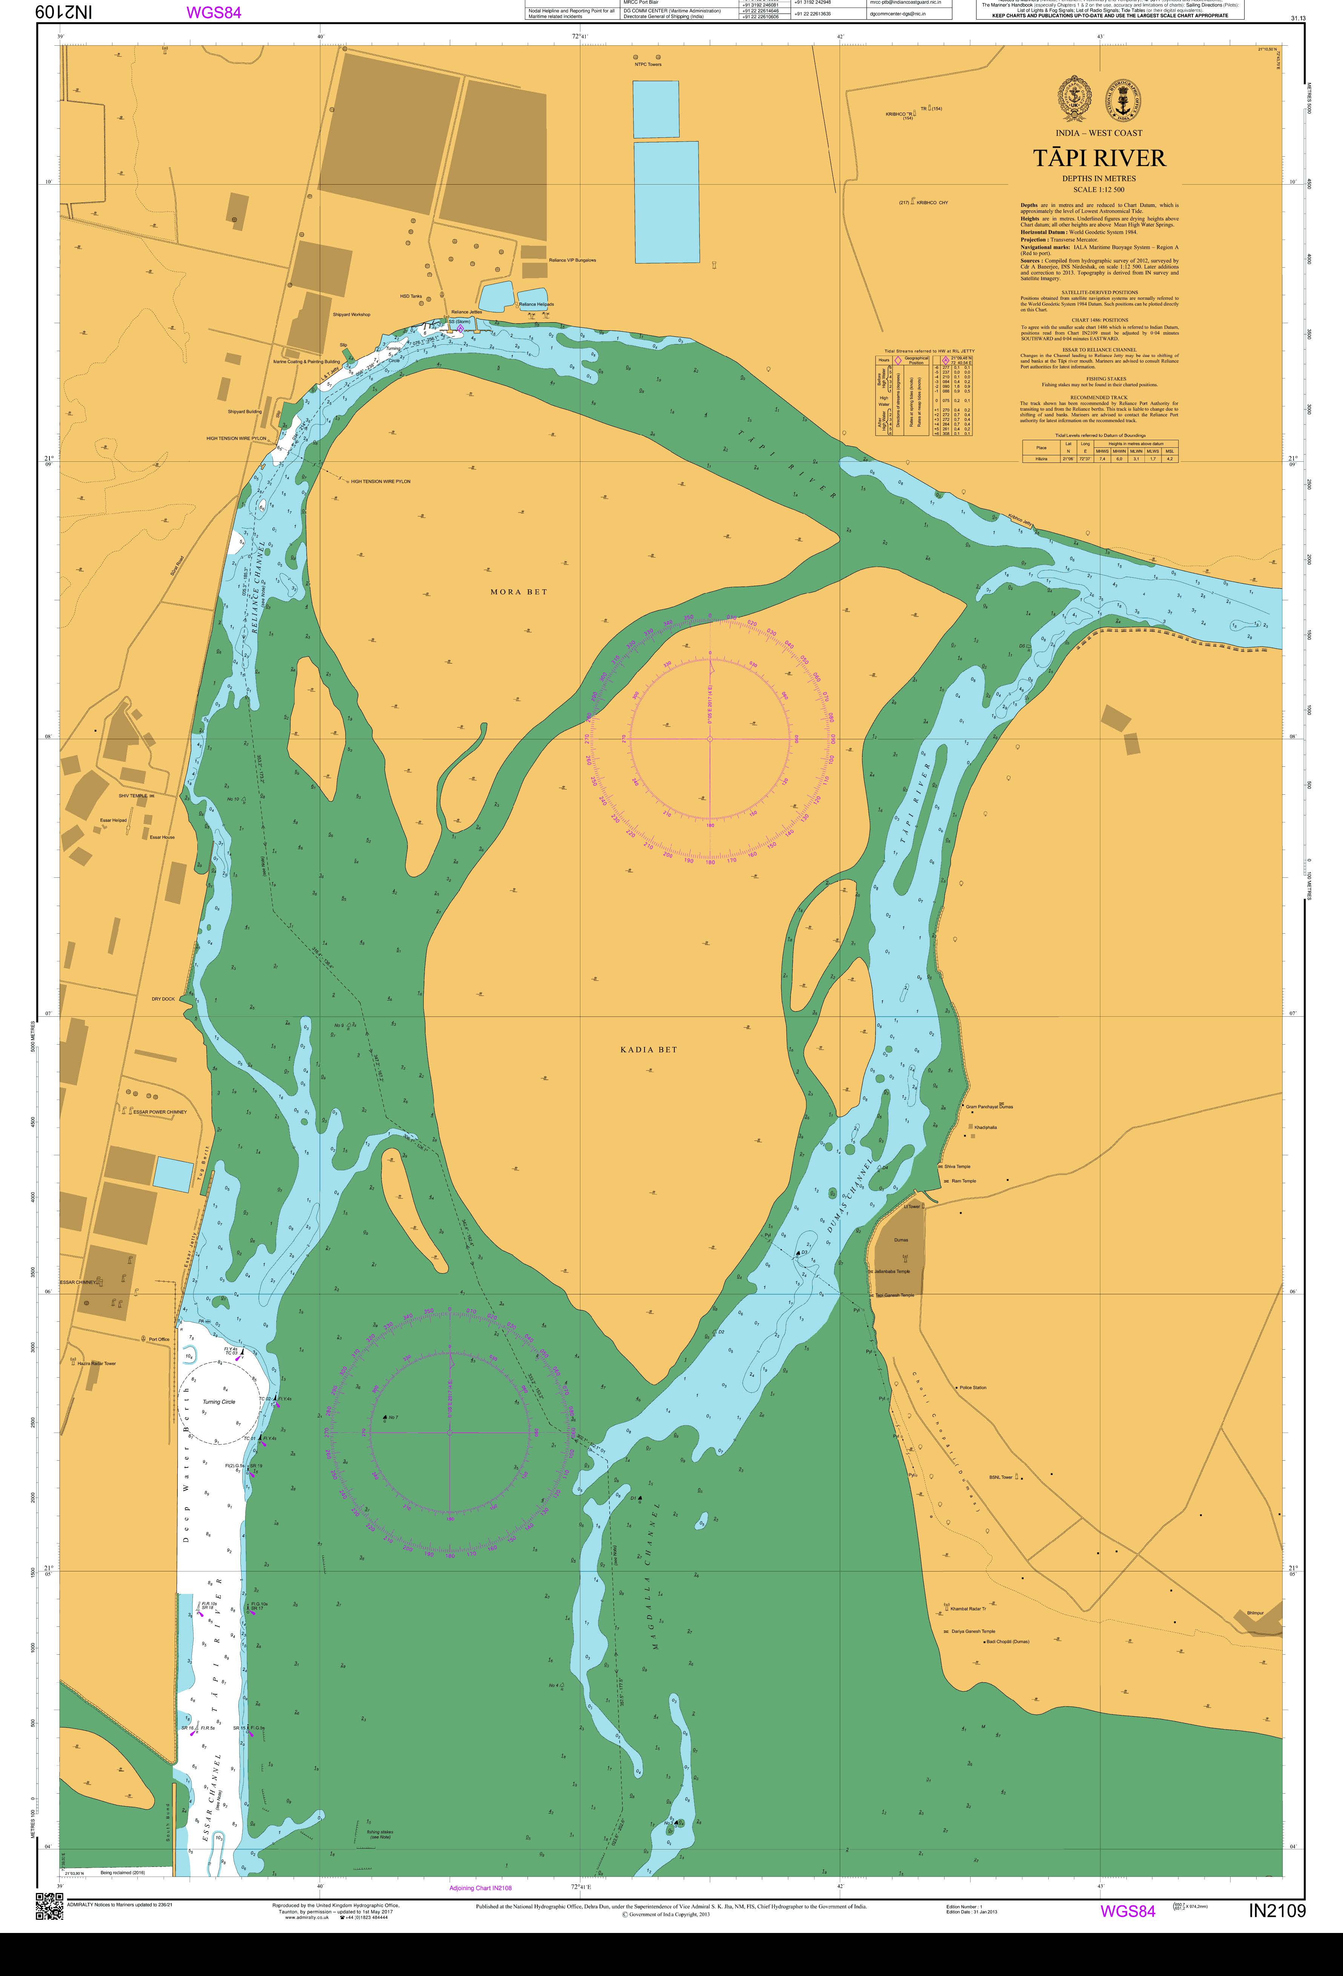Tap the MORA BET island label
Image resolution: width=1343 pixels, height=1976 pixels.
click(x=518, y=592)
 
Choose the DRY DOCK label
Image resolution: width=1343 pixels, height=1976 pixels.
click(x=163, y=999)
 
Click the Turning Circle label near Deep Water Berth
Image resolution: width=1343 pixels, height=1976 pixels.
click(x=218, y=1401)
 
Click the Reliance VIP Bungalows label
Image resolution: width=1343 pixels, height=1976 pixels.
click(x=572, y=260)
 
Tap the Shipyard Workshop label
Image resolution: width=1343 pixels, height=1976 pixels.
click(x=351, y=314)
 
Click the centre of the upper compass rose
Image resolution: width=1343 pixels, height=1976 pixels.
click(x=710, y=739)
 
